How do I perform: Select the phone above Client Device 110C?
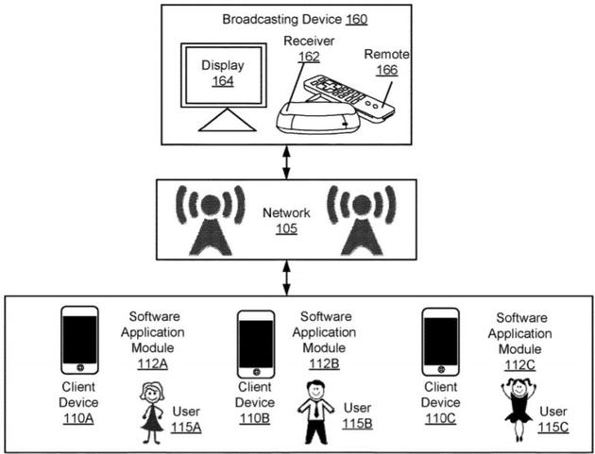click(x=440, y=340)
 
